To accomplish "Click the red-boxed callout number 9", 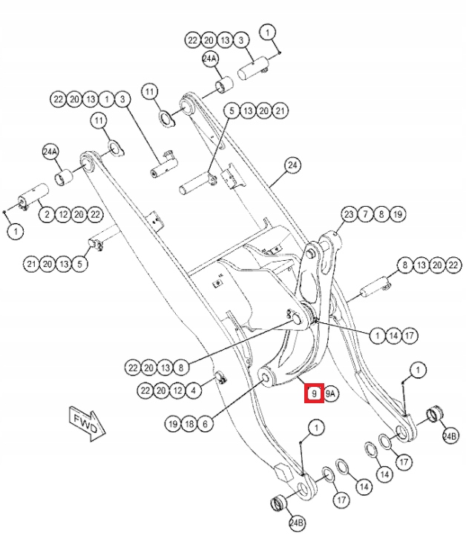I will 315,394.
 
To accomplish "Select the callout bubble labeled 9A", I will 331,394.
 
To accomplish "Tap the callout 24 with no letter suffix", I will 292,165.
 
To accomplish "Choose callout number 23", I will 349,214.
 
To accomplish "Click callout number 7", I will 365,214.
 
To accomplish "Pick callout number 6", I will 205,424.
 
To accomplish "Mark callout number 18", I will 189,424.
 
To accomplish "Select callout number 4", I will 194,390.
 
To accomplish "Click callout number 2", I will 46,215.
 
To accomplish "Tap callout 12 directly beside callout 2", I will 62,215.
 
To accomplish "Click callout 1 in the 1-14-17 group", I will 376,336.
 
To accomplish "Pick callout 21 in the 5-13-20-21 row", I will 279,111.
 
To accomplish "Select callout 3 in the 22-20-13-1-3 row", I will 122,99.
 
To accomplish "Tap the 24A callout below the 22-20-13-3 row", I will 210,59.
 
